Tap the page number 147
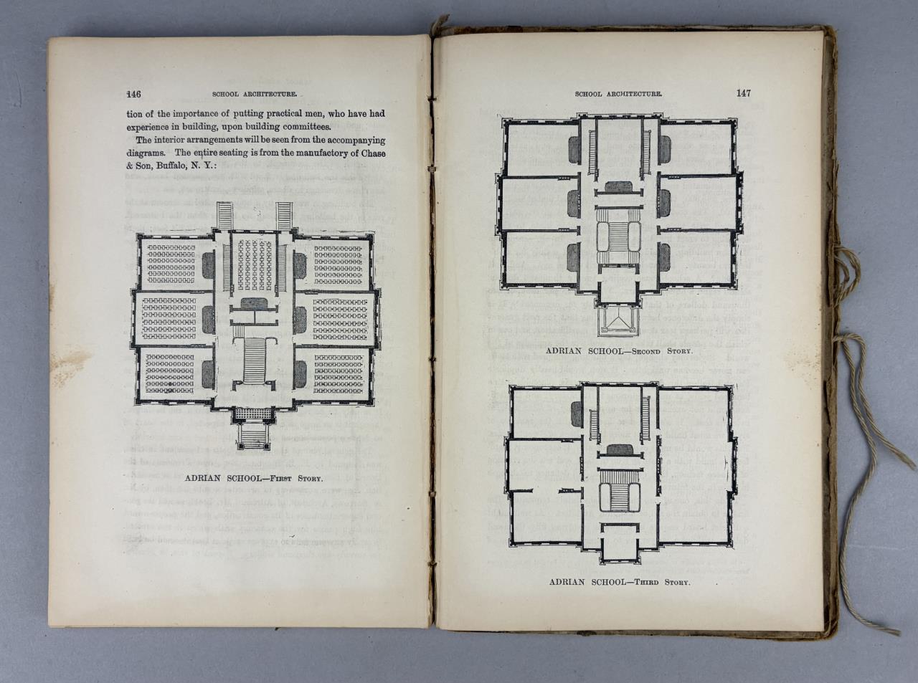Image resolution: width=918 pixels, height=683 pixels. (744, 92)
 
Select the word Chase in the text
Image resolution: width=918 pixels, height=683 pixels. (370, 153)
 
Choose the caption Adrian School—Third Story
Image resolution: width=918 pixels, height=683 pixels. (619, 582)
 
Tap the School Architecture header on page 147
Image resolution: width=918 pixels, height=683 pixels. (618, 93)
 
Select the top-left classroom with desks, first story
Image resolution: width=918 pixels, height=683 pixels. (171, 262)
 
